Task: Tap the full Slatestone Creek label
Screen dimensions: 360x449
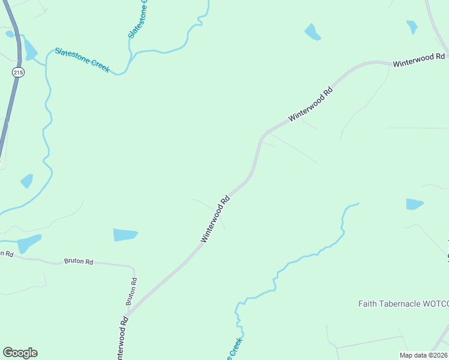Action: click(x=82, y=60)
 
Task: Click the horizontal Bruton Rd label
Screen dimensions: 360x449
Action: click(x=79, y=262)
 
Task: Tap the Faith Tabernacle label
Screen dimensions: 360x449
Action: click(x=403, y=304)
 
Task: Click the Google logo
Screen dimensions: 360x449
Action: click(x=20, y=353)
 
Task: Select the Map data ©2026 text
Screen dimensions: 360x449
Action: click(x=424, y=355)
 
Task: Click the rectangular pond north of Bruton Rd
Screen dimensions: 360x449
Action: click(x=125, y=235)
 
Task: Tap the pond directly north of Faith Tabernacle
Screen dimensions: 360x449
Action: click(x=414, y=204)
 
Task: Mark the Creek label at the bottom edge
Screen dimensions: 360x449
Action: click(x=234, y=349)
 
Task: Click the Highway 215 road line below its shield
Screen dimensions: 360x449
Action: click(x=9, y=114)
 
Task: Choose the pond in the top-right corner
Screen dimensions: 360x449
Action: click(x=411, y=27)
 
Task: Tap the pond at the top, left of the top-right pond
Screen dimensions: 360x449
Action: click(x=312, y=32)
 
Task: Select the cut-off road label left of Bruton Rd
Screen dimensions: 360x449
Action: click(x=7, y=253)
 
